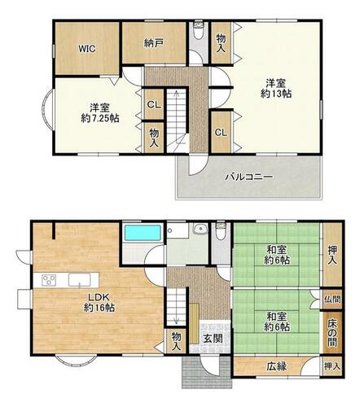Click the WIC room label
pos(87,49)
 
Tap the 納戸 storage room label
pos(154,43)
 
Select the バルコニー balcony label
pos(249,177)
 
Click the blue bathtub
pos(143,233)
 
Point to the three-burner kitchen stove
pos(49,279)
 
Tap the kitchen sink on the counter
pos(79,280)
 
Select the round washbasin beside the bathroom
pos(200,230)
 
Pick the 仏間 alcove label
pos(332,300)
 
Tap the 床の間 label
pos(332,333)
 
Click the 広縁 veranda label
pos(276,366)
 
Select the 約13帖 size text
pos(276,94)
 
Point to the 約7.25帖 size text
pos(100,118)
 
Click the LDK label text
pos(99,297)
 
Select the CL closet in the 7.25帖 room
pos(154,104)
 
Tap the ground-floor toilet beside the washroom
pos(221,231)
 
